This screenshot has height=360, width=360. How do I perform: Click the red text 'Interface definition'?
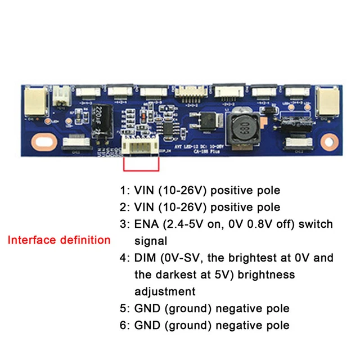[58, 240]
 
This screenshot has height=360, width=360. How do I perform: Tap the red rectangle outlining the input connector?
[141, 169]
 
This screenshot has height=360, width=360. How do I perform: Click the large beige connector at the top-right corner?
[328, 102]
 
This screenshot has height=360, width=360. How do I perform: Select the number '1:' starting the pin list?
[124, 191]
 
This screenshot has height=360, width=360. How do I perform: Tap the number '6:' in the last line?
[124, 325]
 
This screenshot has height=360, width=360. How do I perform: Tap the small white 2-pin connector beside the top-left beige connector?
[60, 99]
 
